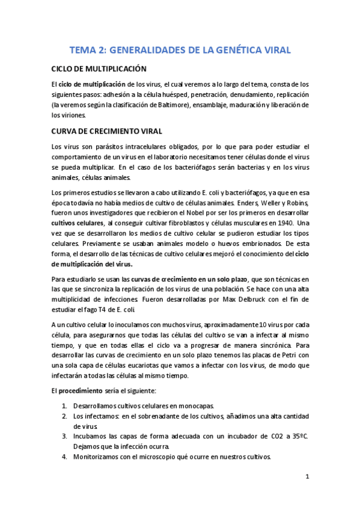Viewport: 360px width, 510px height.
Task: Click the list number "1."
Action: point(64,405)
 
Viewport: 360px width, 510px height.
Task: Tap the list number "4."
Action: point(64,456)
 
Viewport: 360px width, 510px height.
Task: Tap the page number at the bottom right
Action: point(307,478)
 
